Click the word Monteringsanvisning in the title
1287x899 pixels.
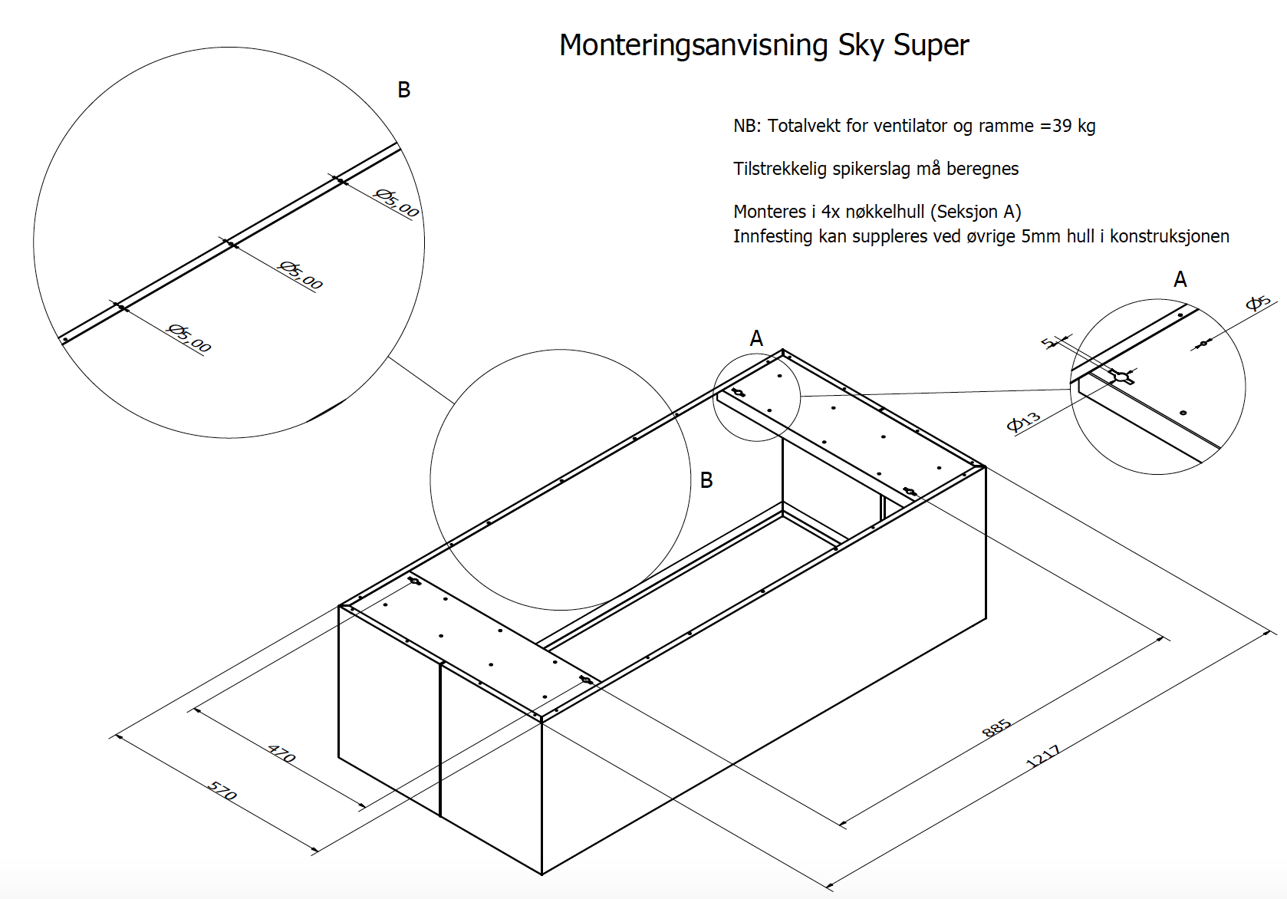[693, 45]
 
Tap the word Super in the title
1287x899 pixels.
[931, 45]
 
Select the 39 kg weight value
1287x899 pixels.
[1074, 126]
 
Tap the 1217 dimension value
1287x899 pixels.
[1043, 756]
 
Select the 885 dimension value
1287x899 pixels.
[997, 728]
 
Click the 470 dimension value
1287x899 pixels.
[281, 753]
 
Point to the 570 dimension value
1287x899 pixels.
[222, 791]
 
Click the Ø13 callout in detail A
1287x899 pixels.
[1024, 421]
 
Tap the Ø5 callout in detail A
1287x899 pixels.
[1258, 303]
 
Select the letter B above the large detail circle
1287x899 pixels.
[404, 91]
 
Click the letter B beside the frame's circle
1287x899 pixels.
[706, 480]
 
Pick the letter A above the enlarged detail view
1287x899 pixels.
[1180, 279]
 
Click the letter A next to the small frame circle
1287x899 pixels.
[756, 338]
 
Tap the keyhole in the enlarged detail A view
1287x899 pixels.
[1121, 377]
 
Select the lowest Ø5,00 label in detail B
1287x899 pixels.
[189, 338]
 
